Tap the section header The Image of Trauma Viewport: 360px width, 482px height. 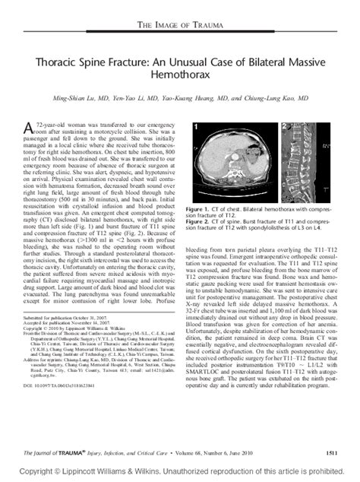180,27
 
